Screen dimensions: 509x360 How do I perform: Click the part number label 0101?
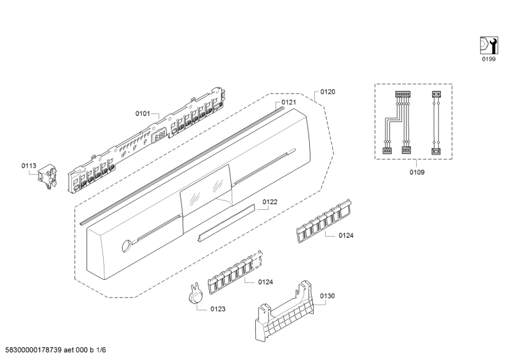143,114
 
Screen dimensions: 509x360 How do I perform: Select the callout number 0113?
29,166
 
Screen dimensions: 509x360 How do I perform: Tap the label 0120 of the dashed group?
328,92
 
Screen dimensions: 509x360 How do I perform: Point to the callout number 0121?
289,102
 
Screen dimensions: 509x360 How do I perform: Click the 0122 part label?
270,202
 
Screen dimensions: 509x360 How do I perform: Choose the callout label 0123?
218,309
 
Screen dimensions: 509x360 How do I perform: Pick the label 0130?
327,296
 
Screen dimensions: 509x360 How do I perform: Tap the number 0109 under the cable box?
417,172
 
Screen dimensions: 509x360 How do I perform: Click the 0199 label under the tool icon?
489,59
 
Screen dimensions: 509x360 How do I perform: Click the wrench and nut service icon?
489,45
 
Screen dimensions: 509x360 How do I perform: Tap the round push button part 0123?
195,294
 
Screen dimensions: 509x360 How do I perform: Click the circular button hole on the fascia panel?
126,246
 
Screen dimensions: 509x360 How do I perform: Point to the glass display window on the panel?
206,190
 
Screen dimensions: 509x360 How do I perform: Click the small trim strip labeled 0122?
226,223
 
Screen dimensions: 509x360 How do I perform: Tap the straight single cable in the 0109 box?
435,123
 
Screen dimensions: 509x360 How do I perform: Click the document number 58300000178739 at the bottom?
34,350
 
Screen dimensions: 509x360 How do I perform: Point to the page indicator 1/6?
101,350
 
